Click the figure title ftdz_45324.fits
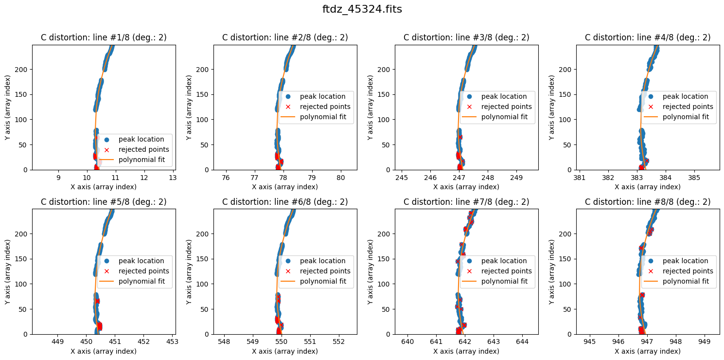362,9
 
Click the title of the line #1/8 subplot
104,37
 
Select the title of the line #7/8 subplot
466,202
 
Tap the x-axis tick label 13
173,178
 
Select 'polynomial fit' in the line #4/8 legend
686,117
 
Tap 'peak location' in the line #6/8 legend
322,261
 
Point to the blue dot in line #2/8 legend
288,96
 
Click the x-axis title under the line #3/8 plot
466,187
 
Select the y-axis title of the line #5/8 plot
8,271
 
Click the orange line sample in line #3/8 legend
469,117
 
